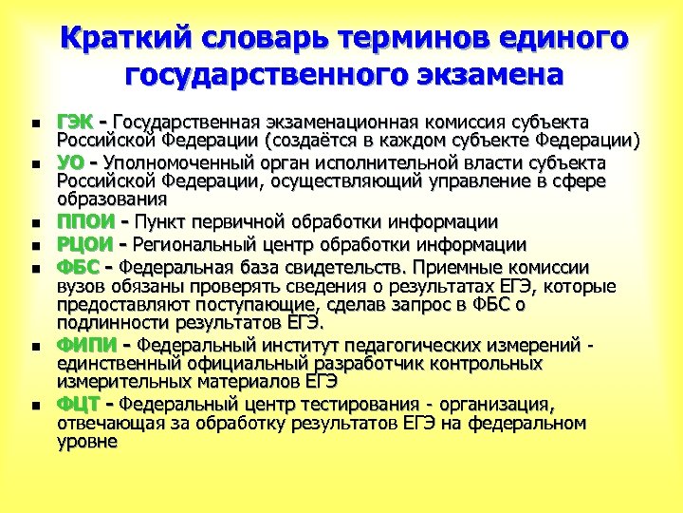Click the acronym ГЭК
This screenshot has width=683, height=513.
click(x=77, y=123)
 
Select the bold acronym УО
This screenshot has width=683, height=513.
click(x=70, y=162)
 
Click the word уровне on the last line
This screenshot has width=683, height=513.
click(x=86, y=442)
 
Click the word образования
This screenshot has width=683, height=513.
click(x=112, y=199)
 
